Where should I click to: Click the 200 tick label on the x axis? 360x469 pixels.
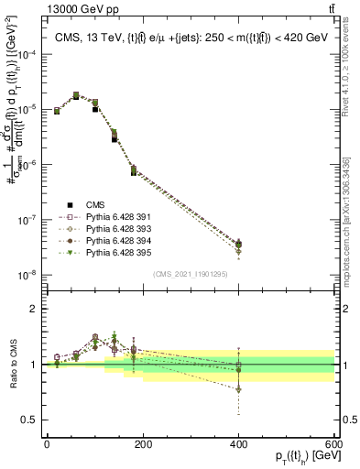(x=143, y=443)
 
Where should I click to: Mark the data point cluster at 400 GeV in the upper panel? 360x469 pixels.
(x=239, y=245)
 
